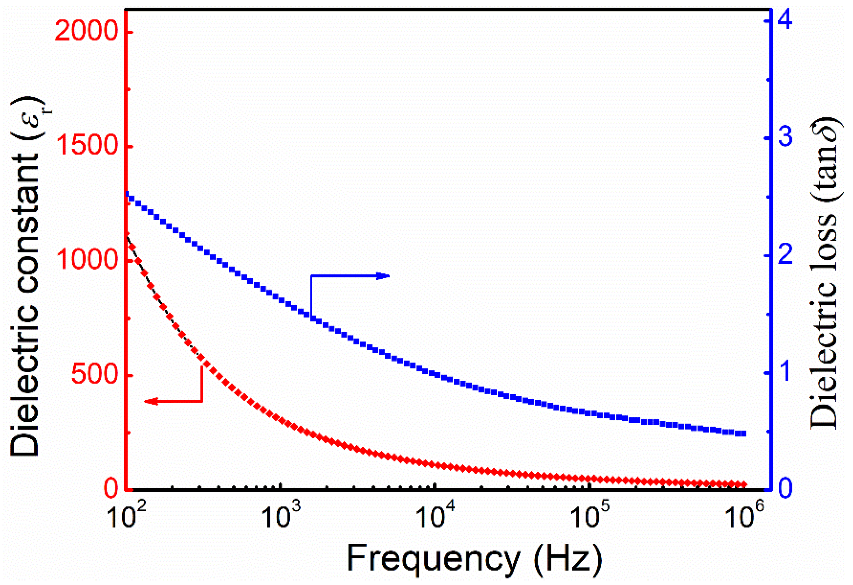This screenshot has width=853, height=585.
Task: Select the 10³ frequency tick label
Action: click(280, 516)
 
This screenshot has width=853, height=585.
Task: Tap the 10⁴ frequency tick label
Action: click(435, 516)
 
